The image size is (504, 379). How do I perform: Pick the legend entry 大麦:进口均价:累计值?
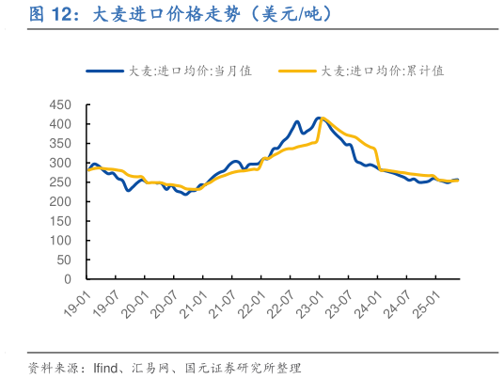pos(382,71)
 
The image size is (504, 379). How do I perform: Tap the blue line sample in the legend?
pos(105,71)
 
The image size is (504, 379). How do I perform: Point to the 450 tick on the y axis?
pos(59,104)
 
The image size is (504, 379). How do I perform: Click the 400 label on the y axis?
pos(59,124)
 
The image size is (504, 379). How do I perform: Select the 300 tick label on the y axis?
pos(59,163)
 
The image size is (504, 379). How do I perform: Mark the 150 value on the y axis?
pos(59,221)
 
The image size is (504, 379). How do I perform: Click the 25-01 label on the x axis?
pos(423,304)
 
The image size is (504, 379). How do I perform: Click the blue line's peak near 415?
pos(320,118)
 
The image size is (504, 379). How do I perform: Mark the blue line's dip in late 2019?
pos(128,191)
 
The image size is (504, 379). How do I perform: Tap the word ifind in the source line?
pos(102,367)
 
